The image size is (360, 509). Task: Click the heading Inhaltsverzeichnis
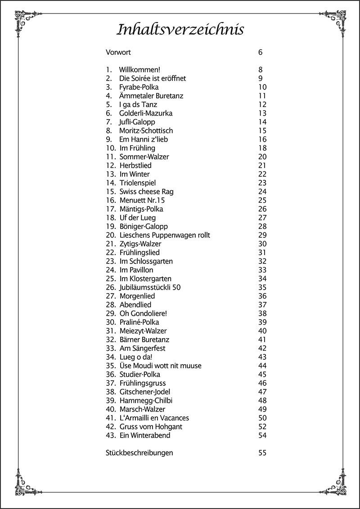click(x=180, y=30)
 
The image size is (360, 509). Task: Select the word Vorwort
click(x=118, y=52)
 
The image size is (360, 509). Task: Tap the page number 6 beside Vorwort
click(x=260, y=52)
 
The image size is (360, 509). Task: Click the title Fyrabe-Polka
click(x=139, y=87)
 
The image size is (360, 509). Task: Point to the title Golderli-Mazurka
click(x=146, y=113)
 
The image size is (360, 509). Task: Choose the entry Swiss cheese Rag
click(x=146, y=192)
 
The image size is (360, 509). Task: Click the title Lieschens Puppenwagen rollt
click(x=165, y=235)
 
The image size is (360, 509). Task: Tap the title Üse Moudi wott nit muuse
click(x=160, y=366)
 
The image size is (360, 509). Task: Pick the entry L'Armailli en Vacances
click(x=154, y=418)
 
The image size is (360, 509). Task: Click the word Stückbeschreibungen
click(x=139, y=453)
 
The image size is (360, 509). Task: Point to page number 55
click(x=262, y=453)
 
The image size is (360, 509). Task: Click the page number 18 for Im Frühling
click(x=262, y=148)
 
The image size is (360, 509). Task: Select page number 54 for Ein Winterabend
click(x=262, y=435)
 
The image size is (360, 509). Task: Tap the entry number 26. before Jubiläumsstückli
click(x=111, y=287)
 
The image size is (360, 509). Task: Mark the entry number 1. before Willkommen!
click(x=108, y=70)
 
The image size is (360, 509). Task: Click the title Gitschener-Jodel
click(x=145, y=392)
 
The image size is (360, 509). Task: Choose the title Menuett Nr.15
click(x=142, y=200)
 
